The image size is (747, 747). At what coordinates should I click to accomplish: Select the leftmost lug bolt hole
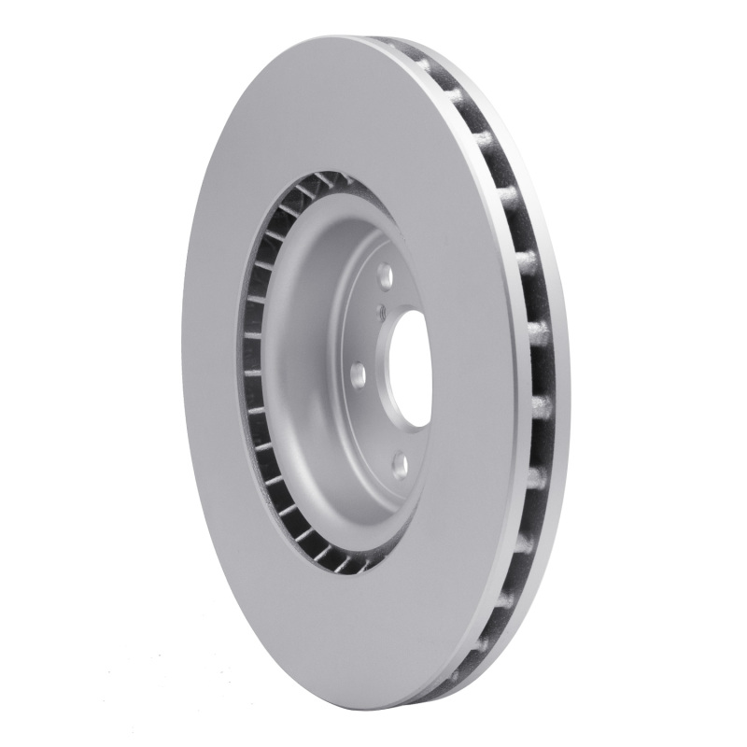tap(358, 373)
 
